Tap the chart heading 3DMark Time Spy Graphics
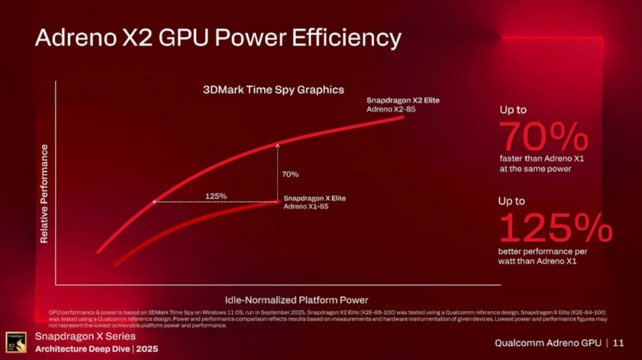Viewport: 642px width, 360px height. pos(274,90)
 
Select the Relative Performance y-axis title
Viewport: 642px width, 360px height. pos(45,194)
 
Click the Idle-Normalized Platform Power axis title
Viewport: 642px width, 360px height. pos(296,300)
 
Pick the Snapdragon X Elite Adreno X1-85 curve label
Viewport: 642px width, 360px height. pos(315,202)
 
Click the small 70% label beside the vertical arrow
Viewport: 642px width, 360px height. pos(290,175)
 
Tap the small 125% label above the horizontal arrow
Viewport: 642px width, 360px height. pos(216,196)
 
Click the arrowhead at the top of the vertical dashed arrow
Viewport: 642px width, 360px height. pos(277,144)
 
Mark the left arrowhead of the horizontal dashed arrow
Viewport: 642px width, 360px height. pos(154,202)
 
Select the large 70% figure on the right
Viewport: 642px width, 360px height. pos(543,136)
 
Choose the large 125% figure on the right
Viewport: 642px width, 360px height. pos(555,228)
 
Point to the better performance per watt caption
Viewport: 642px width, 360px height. pos(543,256)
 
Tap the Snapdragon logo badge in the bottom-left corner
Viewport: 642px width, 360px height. pos(16,343)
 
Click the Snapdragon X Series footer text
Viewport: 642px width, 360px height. pos(85,337)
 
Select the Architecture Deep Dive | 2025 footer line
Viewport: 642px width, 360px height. pos(96,349)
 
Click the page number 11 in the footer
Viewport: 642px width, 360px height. pos(619,343)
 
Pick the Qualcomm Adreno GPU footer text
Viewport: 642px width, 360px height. pos(548,343)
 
